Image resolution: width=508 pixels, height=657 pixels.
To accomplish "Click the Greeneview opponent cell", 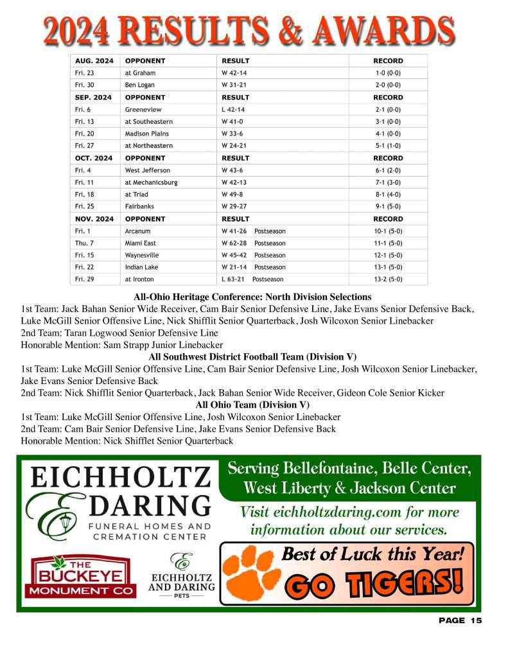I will click(139, 110).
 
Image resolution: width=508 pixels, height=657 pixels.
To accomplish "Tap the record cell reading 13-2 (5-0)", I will click(388, 279).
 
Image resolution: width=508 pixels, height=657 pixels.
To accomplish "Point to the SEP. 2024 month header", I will click(93, 98).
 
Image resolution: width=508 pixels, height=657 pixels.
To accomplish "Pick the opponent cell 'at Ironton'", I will click(139, 279).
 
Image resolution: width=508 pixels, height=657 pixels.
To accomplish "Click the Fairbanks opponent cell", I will click(139, 207).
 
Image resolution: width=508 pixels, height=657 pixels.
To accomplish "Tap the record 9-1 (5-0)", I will click(388, 207).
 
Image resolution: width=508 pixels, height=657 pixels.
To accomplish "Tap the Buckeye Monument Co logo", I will click(83, 576).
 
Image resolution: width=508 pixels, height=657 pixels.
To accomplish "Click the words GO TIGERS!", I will click(374, 583).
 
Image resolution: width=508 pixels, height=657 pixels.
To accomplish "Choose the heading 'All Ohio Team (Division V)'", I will click(252, 405).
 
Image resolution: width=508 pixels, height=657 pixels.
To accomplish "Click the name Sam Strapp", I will click(124, 345).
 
